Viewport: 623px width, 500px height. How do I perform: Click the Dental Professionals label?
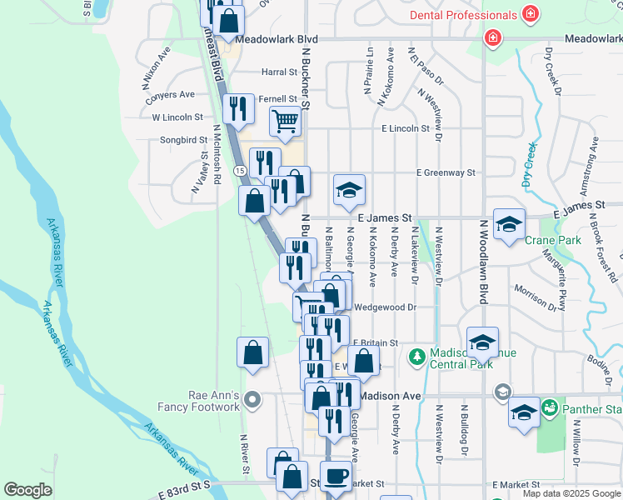point(464,16)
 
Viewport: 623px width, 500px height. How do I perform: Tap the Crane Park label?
point(541,240)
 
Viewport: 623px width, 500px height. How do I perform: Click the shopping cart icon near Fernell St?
point(285,122)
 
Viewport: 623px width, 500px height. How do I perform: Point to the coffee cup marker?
point(336,476)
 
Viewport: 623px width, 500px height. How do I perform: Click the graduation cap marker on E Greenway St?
point(350,191)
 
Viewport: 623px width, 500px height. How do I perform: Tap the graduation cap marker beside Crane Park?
point(509,224)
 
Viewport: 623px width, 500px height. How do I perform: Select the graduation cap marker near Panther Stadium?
point(524,413)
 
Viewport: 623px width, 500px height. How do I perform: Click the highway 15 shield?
point(240,170)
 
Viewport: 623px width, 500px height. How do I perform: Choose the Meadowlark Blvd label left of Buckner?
point(266,39)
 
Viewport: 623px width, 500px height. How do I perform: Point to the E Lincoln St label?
point(405,129)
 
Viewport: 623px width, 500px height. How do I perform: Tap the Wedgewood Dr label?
point(385,307)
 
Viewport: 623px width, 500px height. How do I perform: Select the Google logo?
point(27,490)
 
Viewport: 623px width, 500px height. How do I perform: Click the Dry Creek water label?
point(529,164)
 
